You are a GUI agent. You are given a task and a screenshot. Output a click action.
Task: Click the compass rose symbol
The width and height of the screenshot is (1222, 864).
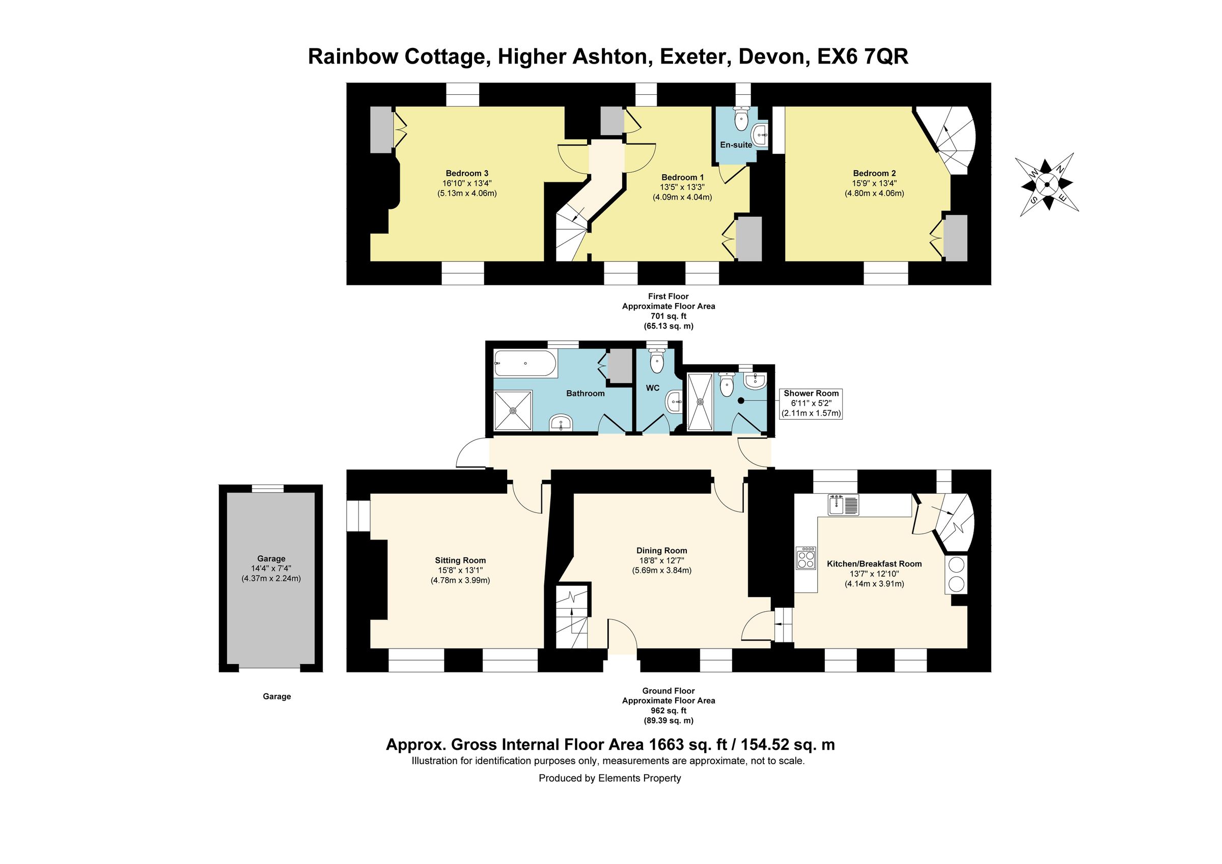click(1046, 185)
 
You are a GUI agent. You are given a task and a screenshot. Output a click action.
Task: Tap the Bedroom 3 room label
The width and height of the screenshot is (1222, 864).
click(467, 173)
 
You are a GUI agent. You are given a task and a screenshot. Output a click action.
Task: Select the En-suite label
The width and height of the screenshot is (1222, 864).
click(736, 145)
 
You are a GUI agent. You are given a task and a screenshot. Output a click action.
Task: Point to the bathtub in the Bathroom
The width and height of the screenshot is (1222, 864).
click(525, 364)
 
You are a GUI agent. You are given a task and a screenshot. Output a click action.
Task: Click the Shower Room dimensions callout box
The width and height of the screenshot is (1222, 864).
click(811, 403)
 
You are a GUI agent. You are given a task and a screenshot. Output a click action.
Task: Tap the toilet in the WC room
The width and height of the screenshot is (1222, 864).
click(657, 363)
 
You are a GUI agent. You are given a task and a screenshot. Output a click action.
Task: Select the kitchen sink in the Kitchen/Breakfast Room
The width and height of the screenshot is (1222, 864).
click(844, 505)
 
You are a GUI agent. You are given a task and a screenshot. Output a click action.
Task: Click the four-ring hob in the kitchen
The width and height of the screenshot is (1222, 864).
click(806, 558)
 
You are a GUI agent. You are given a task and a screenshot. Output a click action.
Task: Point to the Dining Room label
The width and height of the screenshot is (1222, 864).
click(661, 551)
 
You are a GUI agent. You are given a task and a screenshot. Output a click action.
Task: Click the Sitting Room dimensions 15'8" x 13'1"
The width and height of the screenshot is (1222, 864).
click(460, 570)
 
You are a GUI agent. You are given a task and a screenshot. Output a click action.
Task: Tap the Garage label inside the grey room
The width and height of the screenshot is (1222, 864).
click(271, 558)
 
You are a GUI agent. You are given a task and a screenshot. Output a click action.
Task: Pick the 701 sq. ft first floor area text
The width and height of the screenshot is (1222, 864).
click(668, 316)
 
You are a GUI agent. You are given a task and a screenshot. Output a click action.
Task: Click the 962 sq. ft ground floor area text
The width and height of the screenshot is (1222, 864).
click(668, 711)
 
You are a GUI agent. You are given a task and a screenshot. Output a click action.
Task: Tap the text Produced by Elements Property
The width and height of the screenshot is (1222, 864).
click(609, 778)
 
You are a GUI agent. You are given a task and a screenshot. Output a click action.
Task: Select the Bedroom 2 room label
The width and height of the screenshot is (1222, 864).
click(874, 173)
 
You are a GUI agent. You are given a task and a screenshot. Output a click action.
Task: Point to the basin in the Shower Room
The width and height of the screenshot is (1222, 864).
click(755, 380)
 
